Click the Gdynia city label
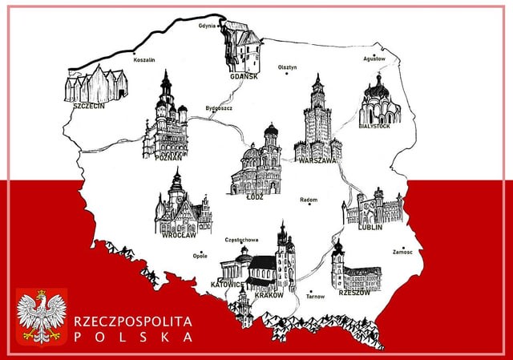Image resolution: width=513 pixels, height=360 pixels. coord(208,26)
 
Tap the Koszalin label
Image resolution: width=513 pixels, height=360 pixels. coord(144,59)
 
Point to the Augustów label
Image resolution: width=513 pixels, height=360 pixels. coord(374,58)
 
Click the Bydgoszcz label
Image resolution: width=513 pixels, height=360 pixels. coord(219,107)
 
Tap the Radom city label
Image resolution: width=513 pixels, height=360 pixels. coord(308,200)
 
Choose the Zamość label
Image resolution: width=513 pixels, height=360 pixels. coord(403,252)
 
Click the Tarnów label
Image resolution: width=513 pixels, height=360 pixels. coord(316,297)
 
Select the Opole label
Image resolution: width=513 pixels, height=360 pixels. coord(200,256)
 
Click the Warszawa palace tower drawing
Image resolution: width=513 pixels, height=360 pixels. coord(317,120)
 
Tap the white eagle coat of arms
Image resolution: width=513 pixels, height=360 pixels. coord(42,317)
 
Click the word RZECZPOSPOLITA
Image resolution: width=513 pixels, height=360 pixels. coord(133,321)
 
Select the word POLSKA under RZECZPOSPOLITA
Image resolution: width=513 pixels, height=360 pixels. coord(133,337)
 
